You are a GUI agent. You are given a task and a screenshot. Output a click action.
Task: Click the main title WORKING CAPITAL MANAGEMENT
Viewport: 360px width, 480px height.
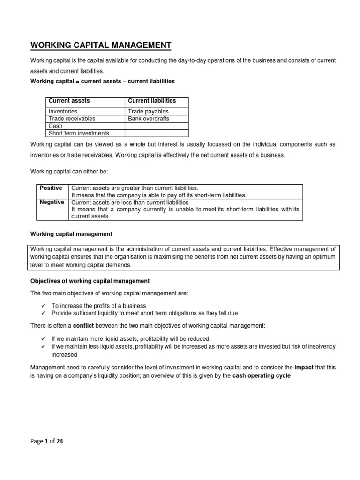point(101,45)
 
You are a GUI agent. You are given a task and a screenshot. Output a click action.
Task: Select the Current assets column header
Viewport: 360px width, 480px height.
point(69,101)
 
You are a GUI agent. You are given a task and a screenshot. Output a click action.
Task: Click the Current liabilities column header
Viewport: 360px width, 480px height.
point(152,101)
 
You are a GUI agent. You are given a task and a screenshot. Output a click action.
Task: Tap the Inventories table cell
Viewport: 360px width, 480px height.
point(63,112)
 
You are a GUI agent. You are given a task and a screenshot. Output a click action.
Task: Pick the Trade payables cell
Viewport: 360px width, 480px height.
point(148,112)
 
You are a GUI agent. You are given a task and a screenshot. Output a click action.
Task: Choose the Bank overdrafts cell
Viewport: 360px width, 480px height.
point(149,119)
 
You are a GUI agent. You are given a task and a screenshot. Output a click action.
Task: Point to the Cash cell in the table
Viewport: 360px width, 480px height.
point(55,126)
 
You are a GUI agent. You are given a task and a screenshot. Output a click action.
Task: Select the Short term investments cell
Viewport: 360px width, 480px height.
point(78,133)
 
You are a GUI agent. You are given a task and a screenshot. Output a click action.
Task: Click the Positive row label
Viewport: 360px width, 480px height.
point(51,188)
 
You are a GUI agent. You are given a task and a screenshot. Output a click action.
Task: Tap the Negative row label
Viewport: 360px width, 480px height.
point(52,202)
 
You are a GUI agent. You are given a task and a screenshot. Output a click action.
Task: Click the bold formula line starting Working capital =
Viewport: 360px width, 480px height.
point(102,81)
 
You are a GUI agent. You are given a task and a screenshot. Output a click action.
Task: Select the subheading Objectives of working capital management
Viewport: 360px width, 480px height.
point(90,281)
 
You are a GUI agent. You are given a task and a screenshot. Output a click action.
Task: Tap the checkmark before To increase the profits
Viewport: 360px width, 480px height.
point(43,305)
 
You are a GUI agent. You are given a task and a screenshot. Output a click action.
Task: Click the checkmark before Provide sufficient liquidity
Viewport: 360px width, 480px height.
point(43,313)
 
